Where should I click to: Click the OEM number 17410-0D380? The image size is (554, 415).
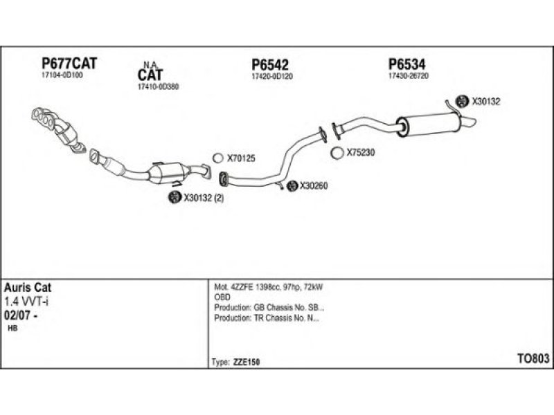[158, 87]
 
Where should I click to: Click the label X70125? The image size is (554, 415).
[240, 158]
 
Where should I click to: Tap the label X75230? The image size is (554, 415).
[360, 153]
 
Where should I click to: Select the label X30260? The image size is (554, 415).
[314, 185]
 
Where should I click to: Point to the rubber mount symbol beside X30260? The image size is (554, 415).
[292, 185]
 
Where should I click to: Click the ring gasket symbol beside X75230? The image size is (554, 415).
[337, 153]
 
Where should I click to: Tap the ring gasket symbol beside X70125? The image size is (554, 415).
[217, 158]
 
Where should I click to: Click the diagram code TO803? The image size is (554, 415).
[534, 358]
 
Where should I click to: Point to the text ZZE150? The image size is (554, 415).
[245, 362]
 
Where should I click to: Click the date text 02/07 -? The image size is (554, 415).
[21, 315]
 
